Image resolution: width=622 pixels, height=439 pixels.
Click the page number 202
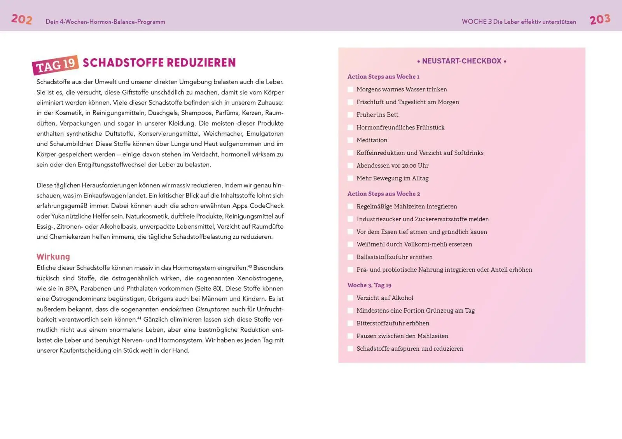pos(22,19)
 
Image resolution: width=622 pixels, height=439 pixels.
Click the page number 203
pos(600,19)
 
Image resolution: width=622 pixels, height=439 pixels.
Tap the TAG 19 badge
pos(56,65)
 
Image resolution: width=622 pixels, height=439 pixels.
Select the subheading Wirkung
pos(53,257)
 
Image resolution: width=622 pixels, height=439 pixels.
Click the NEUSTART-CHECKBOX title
pos(461,61)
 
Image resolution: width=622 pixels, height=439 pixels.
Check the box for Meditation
pos(350,140)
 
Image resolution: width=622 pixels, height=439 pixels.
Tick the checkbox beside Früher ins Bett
pos(350,115)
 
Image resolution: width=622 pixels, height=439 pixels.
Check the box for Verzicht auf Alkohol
pos(350,298)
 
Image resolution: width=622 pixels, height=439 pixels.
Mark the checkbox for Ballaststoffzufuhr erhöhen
pos(350,257)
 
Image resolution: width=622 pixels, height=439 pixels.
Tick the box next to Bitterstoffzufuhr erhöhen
pos(350,323)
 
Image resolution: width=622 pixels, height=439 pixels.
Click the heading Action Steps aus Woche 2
pos(384,194)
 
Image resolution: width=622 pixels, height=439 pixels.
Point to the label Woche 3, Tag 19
pos(369,285)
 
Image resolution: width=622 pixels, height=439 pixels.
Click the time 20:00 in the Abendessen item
pos(409,166)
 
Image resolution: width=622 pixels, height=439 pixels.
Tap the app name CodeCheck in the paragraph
pos(266,206)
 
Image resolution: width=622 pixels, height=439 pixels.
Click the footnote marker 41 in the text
pos(139,318)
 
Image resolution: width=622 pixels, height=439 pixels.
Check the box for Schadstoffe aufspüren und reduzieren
pos(350,349)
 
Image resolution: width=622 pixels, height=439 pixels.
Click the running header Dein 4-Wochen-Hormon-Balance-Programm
pos(105,22)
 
